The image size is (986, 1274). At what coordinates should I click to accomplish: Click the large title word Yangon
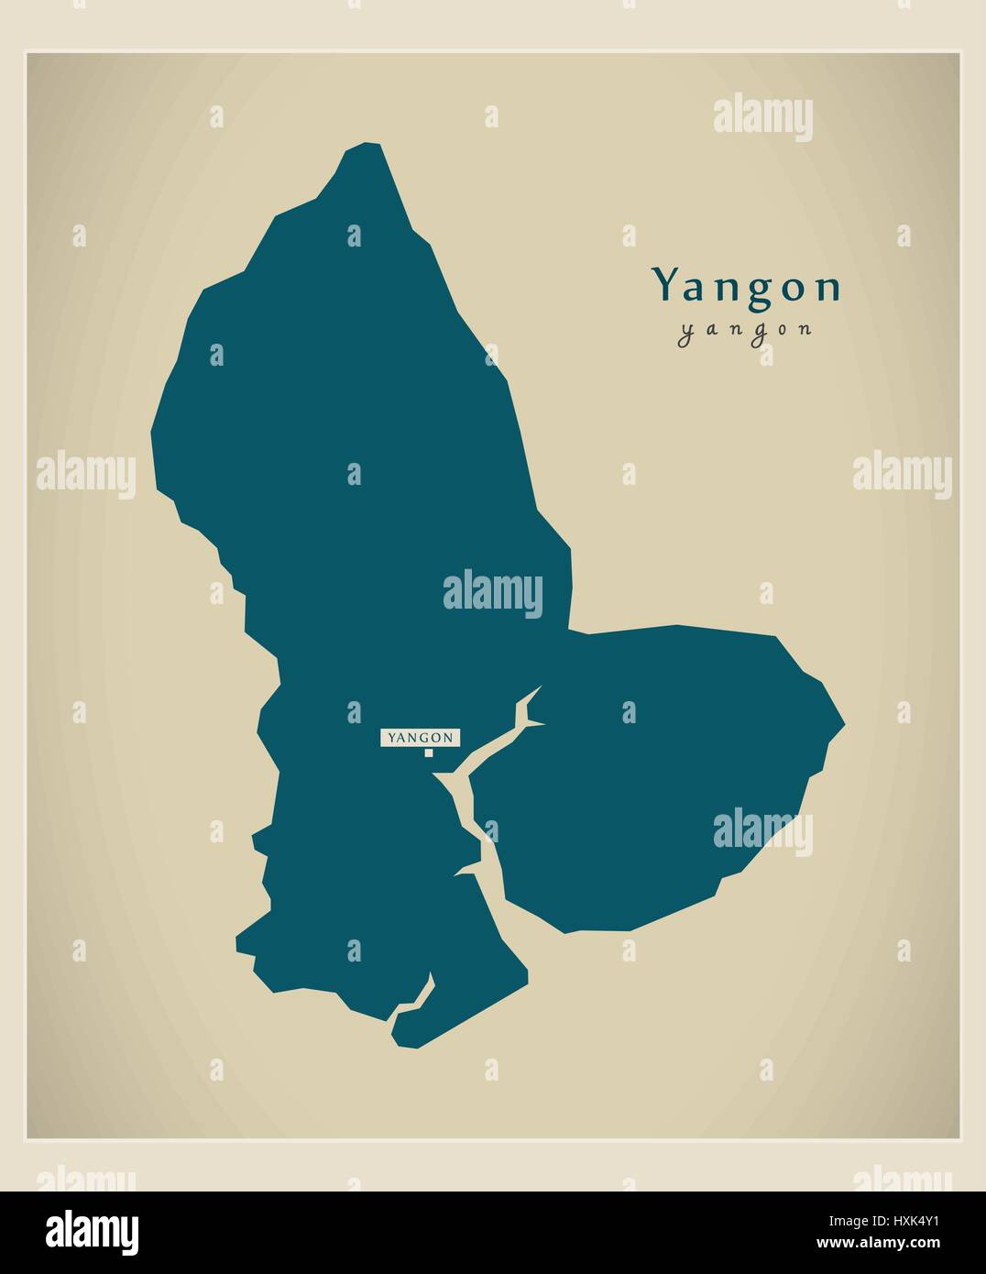pos(746,287)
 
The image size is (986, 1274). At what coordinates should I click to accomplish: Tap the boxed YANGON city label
pos(421,737)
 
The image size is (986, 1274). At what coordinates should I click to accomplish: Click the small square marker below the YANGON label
pos(428,753)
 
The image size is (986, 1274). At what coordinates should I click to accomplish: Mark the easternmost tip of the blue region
pos(843,725)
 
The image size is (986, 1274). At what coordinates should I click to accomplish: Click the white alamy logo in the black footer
pos(93,1230)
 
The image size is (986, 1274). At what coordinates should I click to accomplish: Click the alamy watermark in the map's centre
pos(493,593)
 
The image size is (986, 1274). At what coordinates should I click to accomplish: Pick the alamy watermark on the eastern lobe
pos(762,830)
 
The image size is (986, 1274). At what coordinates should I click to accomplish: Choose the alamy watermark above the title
pos(762,118)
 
